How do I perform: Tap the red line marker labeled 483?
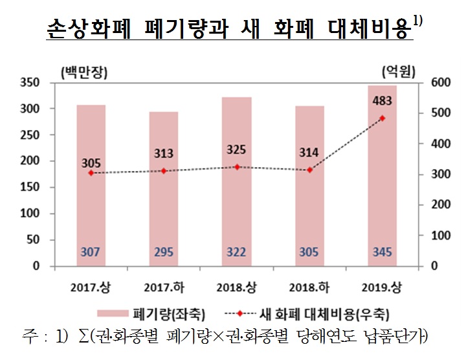(382, 118)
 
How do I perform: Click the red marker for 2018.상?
(236, 167)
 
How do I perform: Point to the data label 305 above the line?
(91, 162)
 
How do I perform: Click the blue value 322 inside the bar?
(236, 252)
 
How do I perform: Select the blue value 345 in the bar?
(382, 252)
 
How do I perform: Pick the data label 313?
(164, 153)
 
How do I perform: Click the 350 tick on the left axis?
(30, 83)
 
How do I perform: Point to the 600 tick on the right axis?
(438, 83)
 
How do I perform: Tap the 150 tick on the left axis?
(30, 188)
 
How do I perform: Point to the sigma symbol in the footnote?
(85, 337)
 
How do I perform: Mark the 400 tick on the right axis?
(438, 144)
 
